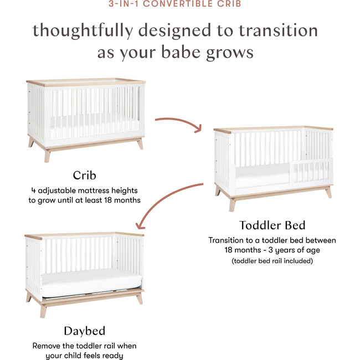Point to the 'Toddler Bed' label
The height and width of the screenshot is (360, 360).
click(271, 225)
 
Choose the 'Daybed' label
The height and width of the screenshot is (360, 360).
click(84, 331)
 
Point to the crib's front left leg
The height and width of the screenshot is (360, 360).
click(48, 155)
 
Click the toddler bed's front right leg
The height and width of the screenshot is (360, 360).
click(328, 192)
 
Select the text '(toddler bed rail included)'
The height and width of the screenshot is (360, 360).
click(272, 261)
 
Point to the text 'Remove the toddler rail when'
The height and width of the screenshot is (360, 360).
click(84, 346)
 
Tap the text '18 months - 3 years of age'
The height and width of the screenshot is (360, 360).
click(272, 250)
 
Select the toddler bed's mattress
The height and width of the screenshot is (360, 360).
click(260, 176)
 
